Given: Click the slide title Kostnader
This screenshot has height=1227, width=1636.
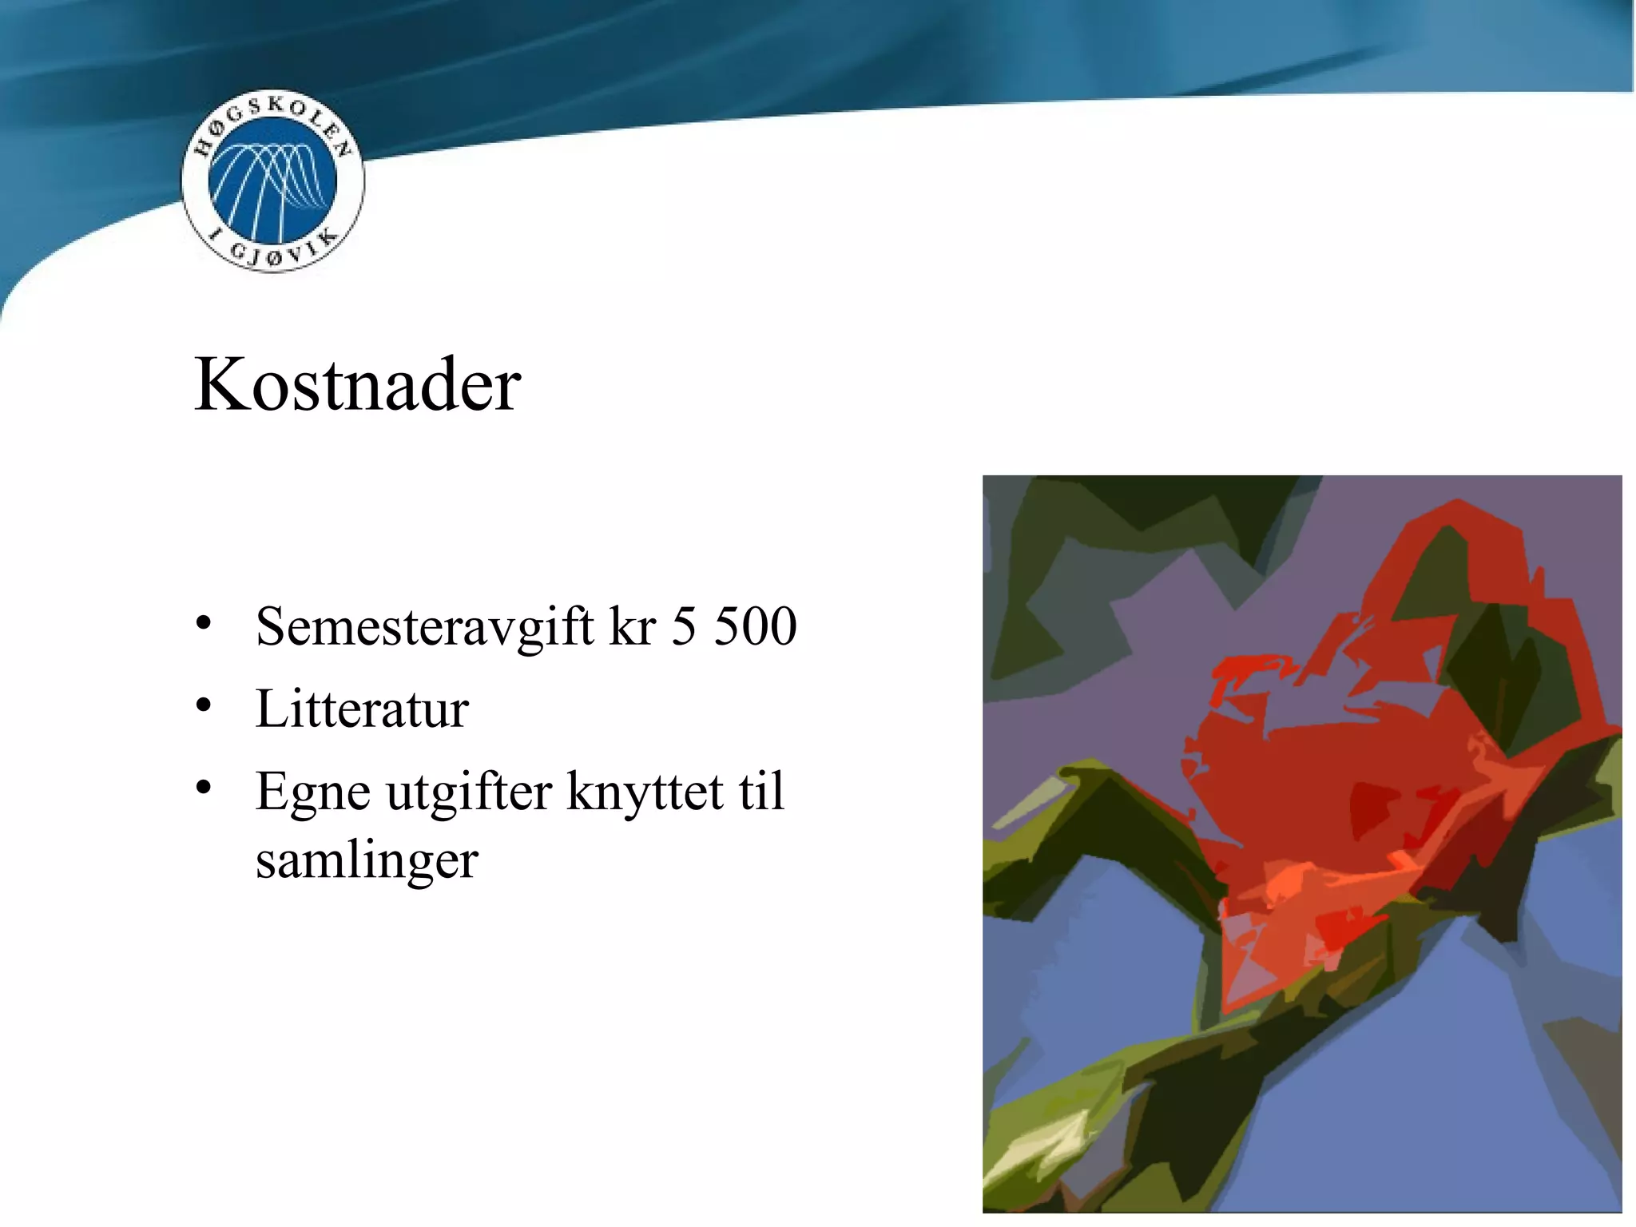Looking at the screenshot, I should point(357,385).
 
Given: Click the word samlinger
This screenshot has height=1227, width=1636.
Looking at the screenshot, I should point(367,861).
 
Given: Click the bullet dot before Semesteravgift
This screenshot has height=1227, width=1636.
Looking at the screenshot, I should point(204,622).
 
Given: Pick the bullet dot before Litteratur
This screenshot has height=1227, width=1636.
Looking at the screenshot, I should point(204,705).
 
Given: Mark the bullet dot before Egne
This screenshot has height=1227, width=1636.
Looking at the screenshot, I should point(204,788).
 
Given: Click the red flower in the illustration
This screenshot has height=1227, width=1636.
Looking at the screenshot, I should point(1326,799).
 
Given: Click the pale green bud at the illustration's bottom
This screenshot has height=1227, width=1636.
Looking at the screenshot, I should point(1038,1150).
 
